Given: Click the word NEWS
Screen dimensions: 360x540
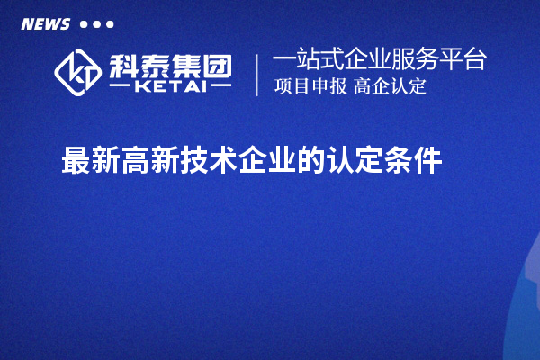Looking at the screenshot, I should pyautogui.click(x=45, y=24).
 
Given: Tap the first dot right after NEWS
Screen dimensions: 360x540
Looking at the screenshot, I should pyautogui.click(x=84, y=24).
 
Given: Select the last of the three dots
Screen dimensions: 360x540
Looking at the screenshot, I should pyautogui.click(x=110, y=24).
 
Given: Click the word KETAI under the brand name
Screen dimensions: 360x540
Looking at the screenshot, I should pyautogui.click(x=170, y=87).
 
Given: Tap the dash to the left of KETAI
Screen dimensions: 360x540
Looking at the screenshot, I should pyautogui.click(x=123, y=87).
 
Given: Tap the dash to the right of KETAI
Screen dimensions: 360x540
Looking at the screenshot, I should pyautogui.click(x=218, y=87).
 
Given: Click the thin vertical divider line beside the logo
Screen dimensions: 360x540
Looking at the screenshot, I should pyautogui.click(x=258, y=75).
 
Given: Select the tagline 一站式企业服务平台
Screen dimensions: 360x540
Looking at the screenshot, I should pyautogui.click(x=379, y=60).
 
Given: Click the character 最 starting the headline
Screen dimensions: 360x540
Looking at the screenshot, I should pyautogui.click(x=75, y=162).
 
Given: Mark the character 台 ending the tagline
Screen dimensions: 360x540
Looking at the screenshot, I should pyautogui.click(x=476, y=60).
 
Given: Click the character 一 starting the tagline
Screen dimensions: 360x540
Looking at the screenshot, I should pyautogui.click(x=283, y=60).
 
